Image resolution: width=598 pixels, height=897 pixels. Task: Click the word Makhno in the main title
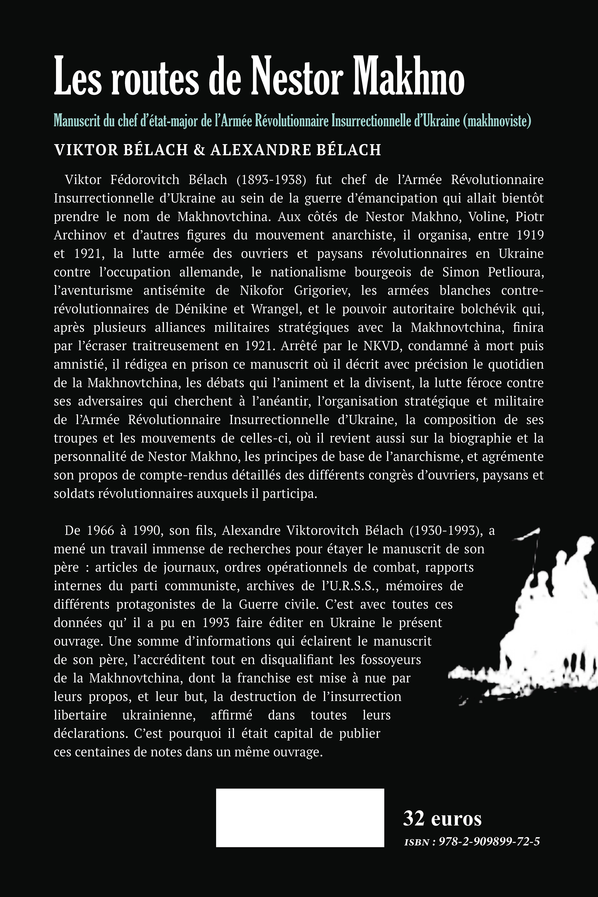pos(408,76)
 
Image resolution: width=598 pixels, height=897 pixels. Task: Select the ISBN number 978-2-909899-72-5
pos(489,842)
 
